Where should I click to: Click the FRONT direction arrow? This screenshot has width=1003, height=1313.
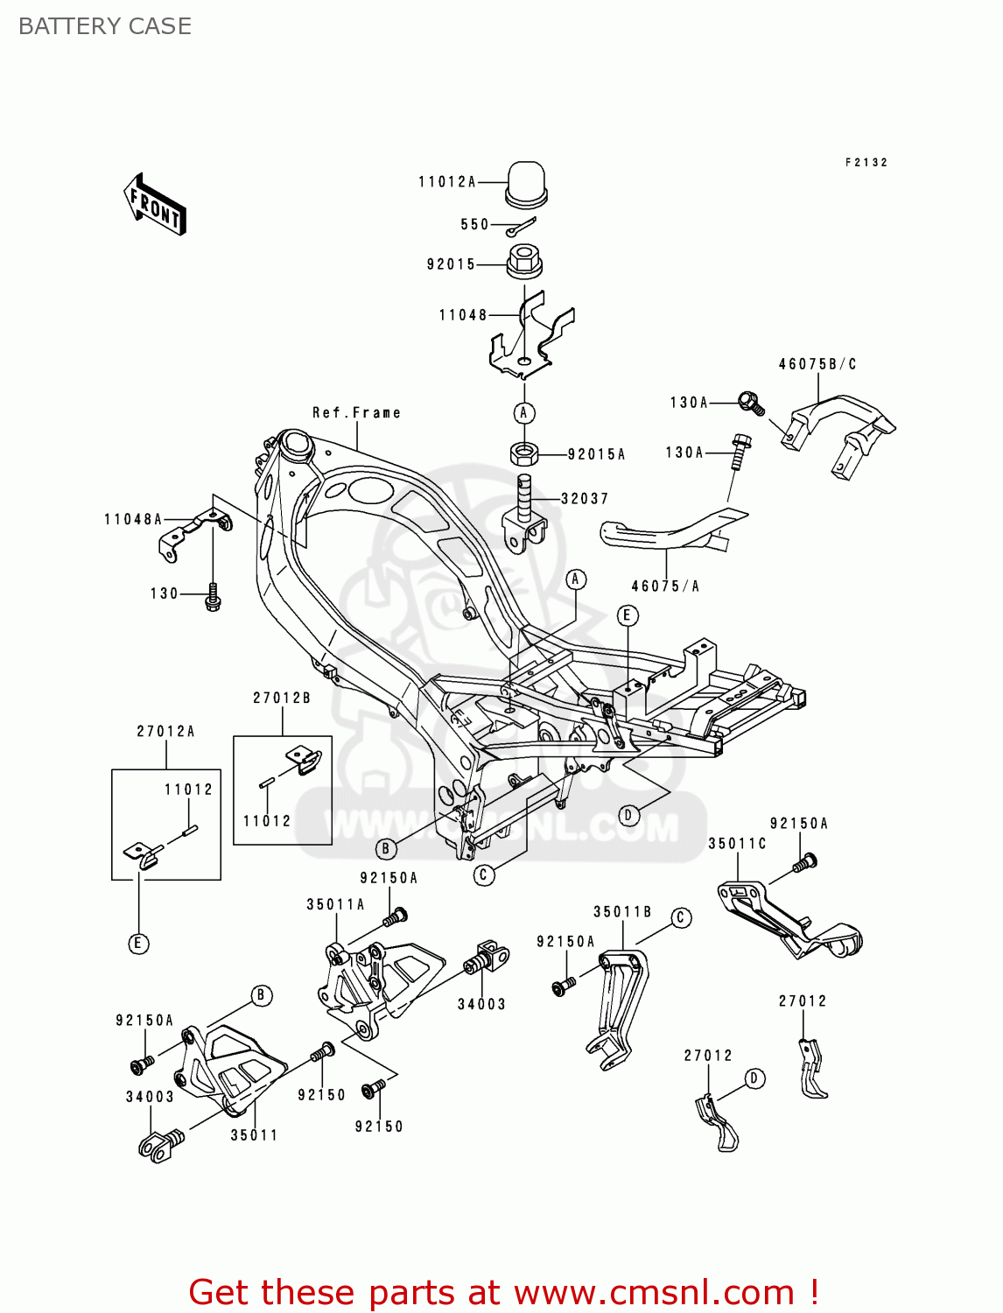(x=155, y=204)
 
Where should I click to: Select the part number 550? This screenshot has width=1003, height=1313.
(x=474, y=225)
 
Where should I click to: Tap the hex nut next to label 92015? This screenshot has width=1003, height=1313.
(x=523, y=260)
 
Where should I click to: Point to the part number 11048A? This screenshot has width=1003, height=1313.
(x=133, y=520)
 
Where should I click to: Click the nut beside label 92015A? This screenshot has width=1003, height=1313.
(x=523, y=453)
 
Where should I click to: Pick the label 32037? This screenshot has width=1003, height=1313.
(x=585, y=499)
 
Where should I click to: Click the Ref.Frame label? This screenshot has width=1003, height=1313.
(x=356, y=413)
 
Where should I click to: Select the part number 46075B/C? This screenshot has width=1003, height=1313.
(x=817, y=364)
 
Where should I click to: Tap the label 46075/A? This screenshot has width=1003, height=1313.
(x=665, y=586)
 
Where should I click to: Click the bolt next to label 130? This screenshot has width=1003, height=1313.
(x=212, y=600)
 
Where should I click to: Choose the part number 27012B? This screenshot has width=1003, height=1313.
(x=282, y=699)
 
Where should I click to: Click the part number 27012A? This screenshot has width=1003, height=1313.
(x=165, y=732)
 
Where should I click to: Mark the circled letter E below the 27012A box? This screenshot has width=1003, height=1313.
(x=138, y=944)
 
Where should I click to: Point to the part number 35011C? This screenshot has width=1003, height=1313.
(x=737, y=844)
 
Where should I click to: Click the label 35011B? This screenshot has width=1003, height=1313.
(x=622, y=912)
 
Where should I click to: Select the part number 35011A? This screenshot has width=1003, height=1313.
(x=335, y=905)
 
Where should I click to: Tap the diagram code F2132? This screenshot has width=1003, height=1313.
(x=866, y=163)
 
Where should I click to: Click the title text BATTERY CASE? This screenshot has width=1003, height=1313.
(x=105, y=27)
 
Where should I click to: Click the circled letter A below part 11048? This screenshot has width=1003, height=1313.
(x=523, y=413)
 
